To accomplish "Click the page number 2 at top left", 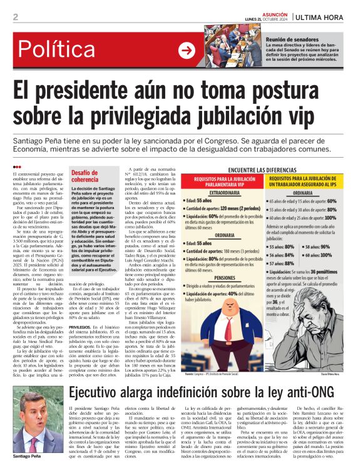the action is (x=15, y=17).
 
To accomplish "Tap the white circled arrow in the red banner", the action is (x=187, y=49).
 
